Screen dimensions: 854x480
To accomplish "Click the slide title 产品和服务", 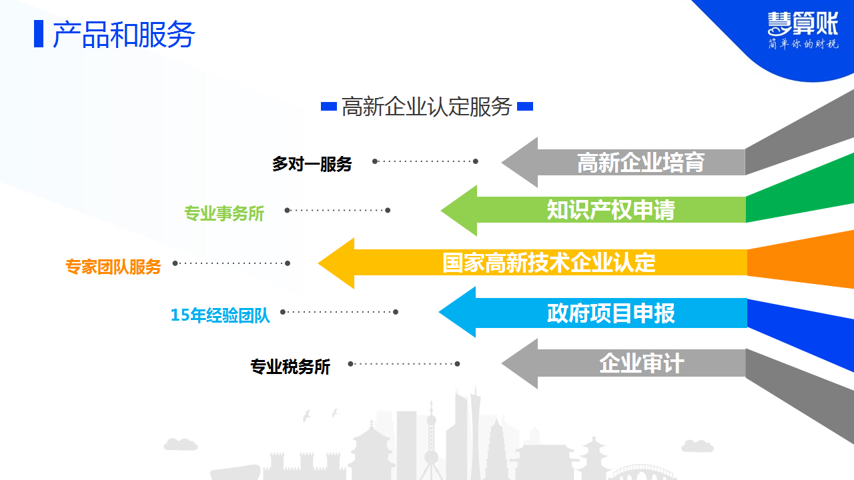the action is [x=124, y=35].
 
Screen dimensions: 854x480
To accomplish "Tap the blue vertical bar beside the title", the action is [x=39, y=34].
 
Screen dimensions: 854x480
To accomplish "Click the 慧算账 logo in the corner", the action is [x=803, y=23].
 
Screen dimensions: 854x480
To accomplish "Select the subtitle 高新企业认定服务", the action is [x=426, y=106].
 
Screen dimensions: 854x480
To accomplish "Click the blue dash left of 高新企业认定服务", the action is [x=329, y=106].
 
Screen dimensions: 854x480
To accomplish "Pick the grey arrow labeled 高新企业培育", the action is [x=623, y=162].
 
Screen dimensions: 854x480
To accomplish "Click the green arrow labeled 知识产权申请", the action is [x=593, y=210].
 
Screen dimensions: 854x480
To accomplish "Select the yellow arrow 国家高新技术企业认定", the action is [x=532, y=263].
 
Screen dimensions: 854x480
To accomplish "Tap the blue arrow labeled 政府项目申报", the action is [x=593, y=313].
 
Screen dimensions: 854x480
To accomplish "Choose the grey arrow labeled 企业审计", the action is [x=623, y=363].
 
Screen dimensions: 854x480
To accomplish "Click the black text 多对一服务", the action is [x=312, y=164].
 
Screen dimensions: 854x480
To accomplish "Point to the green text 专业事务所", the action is [x=224, y=213].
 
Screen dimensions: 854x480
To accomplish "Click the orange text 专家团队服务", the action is [x=113, y=267].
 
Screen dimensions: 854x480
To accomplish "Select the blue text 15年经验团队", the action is [x=220, y=315].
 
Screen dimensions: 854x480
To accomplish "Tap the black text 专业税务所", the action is [x=290, y=367].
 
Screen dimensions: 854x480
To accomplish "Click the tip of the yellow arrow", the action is [x=318, y=263].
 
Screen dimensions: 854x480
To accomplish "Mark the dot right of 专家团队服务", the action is [x=175, y=263].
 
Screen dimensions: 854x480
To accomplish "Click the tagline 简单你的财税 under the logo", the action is [x=803, y=44].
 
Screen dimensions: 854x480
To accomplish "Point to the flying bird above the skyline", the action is [x=306, y=415].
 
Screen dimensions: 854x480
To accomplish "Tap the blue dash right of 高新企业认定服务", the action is [x=525, y=106].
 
